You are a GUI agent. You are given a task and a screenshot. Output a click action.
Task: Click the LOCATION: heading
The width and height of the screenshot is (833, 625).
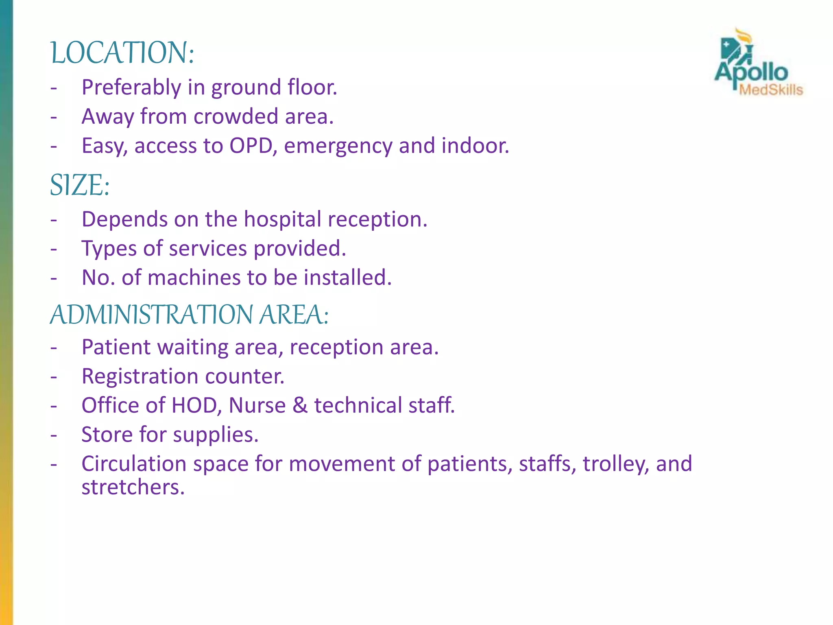click(x=122, y=53)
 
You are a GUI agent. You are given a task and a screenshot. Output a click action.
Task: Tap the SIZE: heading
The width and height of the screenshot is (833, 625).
click(x=80, y=185)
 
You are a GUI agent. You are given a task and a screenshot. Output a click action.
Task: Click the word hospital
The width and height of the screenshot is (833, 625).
click(x=283, y=220)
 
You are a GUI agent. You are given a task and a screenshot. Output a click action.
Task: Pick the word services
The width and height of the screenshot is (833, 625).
click(x=208, y=249)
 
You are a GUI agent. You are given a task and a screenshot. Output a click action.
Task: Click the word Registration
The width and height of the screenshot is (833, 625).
click(x=140, y=377)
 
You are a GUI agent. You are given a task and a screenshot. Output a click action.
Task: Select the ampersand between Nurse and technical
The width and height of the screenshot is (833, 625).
click(x=300, y=406)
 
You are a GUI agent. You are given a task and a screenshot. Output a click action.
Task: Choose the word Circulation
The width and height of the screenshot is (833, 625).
click(x=134, y=464)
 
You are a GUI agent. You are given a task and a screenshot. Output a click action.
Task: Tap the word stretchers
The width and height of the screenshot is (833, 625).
click(x=133, y=487)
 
